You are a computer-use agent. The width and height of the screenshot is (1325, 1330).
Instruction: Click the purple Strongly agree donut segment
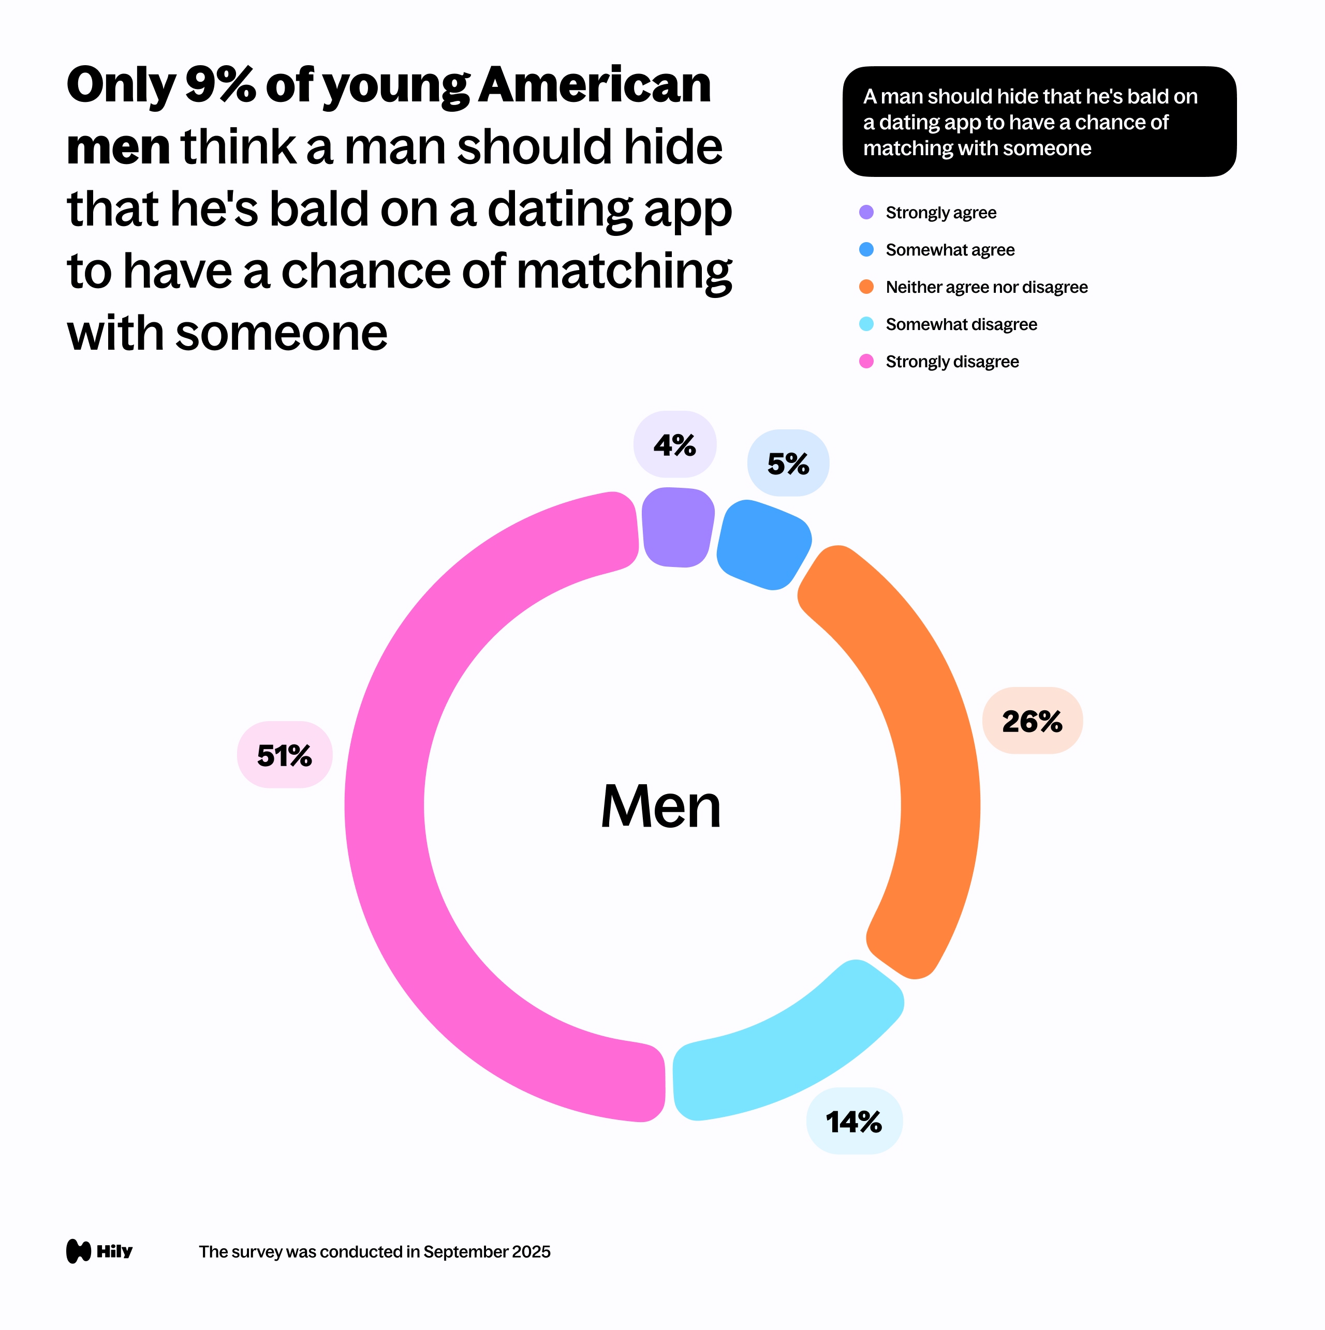[x=676, y=527]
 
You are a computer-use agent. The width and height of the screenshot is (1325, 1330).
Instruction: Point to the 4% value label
[x=674, y=445]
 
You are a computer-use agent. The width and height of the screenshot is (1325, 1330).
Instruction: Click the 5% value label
[x=788, y=464]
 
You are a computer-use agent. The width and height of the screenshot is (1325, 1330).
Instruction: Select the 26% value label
[x=1032, y=721]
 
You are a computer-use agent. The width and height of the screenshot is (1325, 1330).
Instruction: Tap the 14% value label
[x=853, y=1122]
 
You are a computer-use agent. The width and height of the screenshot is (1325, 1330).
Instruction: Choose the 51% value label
[x=285, y=755]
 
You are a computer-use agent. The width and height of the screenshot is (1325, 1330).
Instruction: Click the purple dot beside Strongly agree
[x=866, y=212]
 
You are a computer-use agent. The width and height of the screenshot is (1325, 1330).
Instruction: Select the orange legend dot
[x=866, y=287]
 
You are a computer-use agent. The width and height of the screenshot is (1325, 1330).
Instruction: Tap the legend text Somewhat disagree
[x=961, y=324]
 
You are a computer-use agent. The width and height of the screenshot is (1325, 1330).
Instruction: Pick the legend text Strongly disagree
[x=952, y=362]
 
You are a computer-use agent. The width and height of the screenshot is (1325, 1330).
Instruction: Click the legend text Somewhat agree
[x=950, y=250]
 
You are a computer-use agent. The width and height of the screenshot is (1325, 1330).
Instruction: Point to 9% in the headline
[x=219, y=85]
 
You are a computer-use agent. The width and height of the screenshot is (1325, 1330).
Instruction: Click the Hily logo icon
[x=79, y=1251]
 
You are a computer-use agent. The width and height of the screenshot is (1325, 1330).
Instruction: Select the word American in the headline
[x=594, y=85]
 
